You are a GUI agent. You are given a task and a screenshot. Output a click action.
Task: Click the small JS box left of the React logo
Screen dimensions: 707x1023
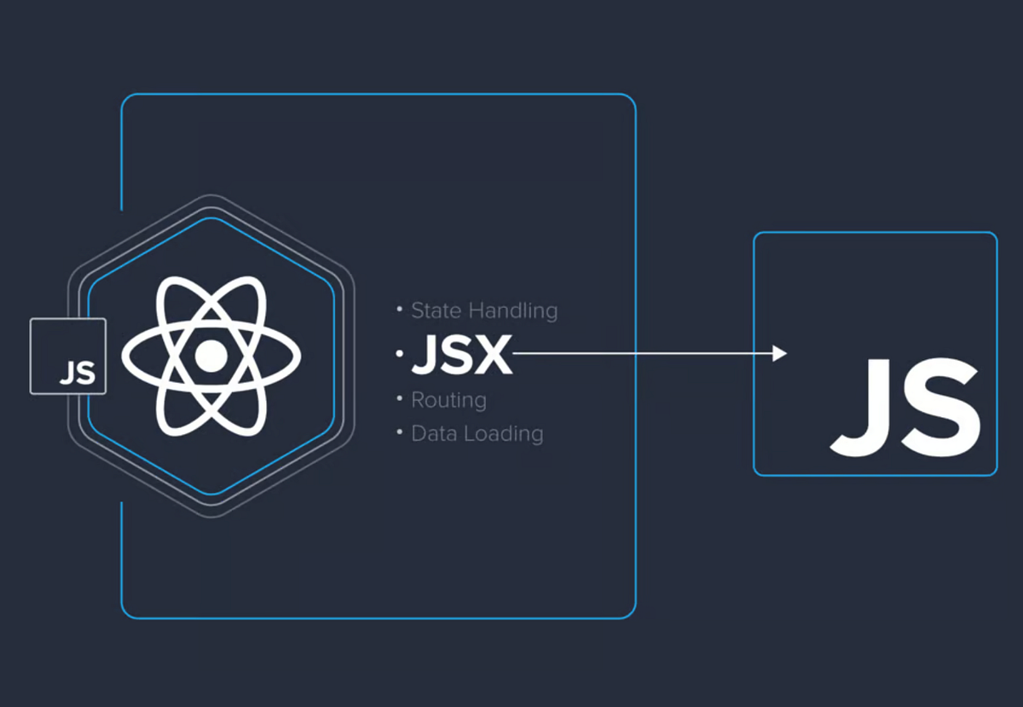(68, 356)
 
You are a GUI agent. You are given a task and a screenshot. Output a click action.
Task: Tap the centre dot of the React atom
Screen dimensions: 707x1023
(211, 356)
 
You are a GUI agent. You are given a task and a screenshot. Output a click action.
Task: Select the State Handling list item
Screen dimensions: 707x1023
(483, 310)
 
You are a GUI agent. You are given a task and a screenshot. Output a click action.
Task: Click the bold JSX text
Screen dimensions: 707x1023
(461, 355)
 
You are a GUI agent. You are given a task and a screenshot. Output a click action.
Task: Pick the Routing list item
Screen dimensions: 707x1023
(448, 400)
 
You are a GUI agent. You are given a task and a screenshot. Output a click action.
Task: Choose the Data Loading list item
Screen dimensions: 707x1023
(477, 433)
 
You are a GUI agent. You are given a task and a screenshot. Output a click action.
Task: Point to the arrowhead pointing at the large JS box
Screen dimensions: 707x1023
(779, 353)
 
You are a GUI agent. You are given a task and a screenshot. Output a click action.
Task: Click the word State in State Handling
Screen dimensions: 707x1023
(436, 310)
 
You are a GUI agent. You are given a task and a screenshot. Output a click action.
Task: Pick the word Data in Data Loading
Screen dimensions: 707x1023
(432, 433)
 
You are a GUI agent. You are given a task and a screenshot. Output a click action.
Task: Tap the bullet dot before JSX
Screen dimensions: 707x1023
(399, 353)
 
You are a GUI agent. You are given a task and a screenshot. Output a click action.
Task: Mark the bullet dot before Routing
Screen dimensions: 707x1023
(399, 398)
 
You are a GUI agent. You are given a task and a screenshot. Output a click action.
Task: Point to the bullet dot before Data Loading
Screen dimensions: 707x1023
(399, 432)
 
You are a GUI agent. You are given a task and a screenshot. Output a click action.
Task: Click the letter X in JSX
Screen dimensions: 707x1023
(494, 355)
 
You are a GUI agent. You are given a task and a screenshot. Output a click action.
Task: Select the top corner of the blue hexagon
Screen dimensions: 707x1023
(211, 217)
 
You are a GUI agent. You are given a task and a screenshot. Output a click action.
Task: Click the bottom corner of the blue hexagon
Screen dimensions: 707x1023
(211, 495)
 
